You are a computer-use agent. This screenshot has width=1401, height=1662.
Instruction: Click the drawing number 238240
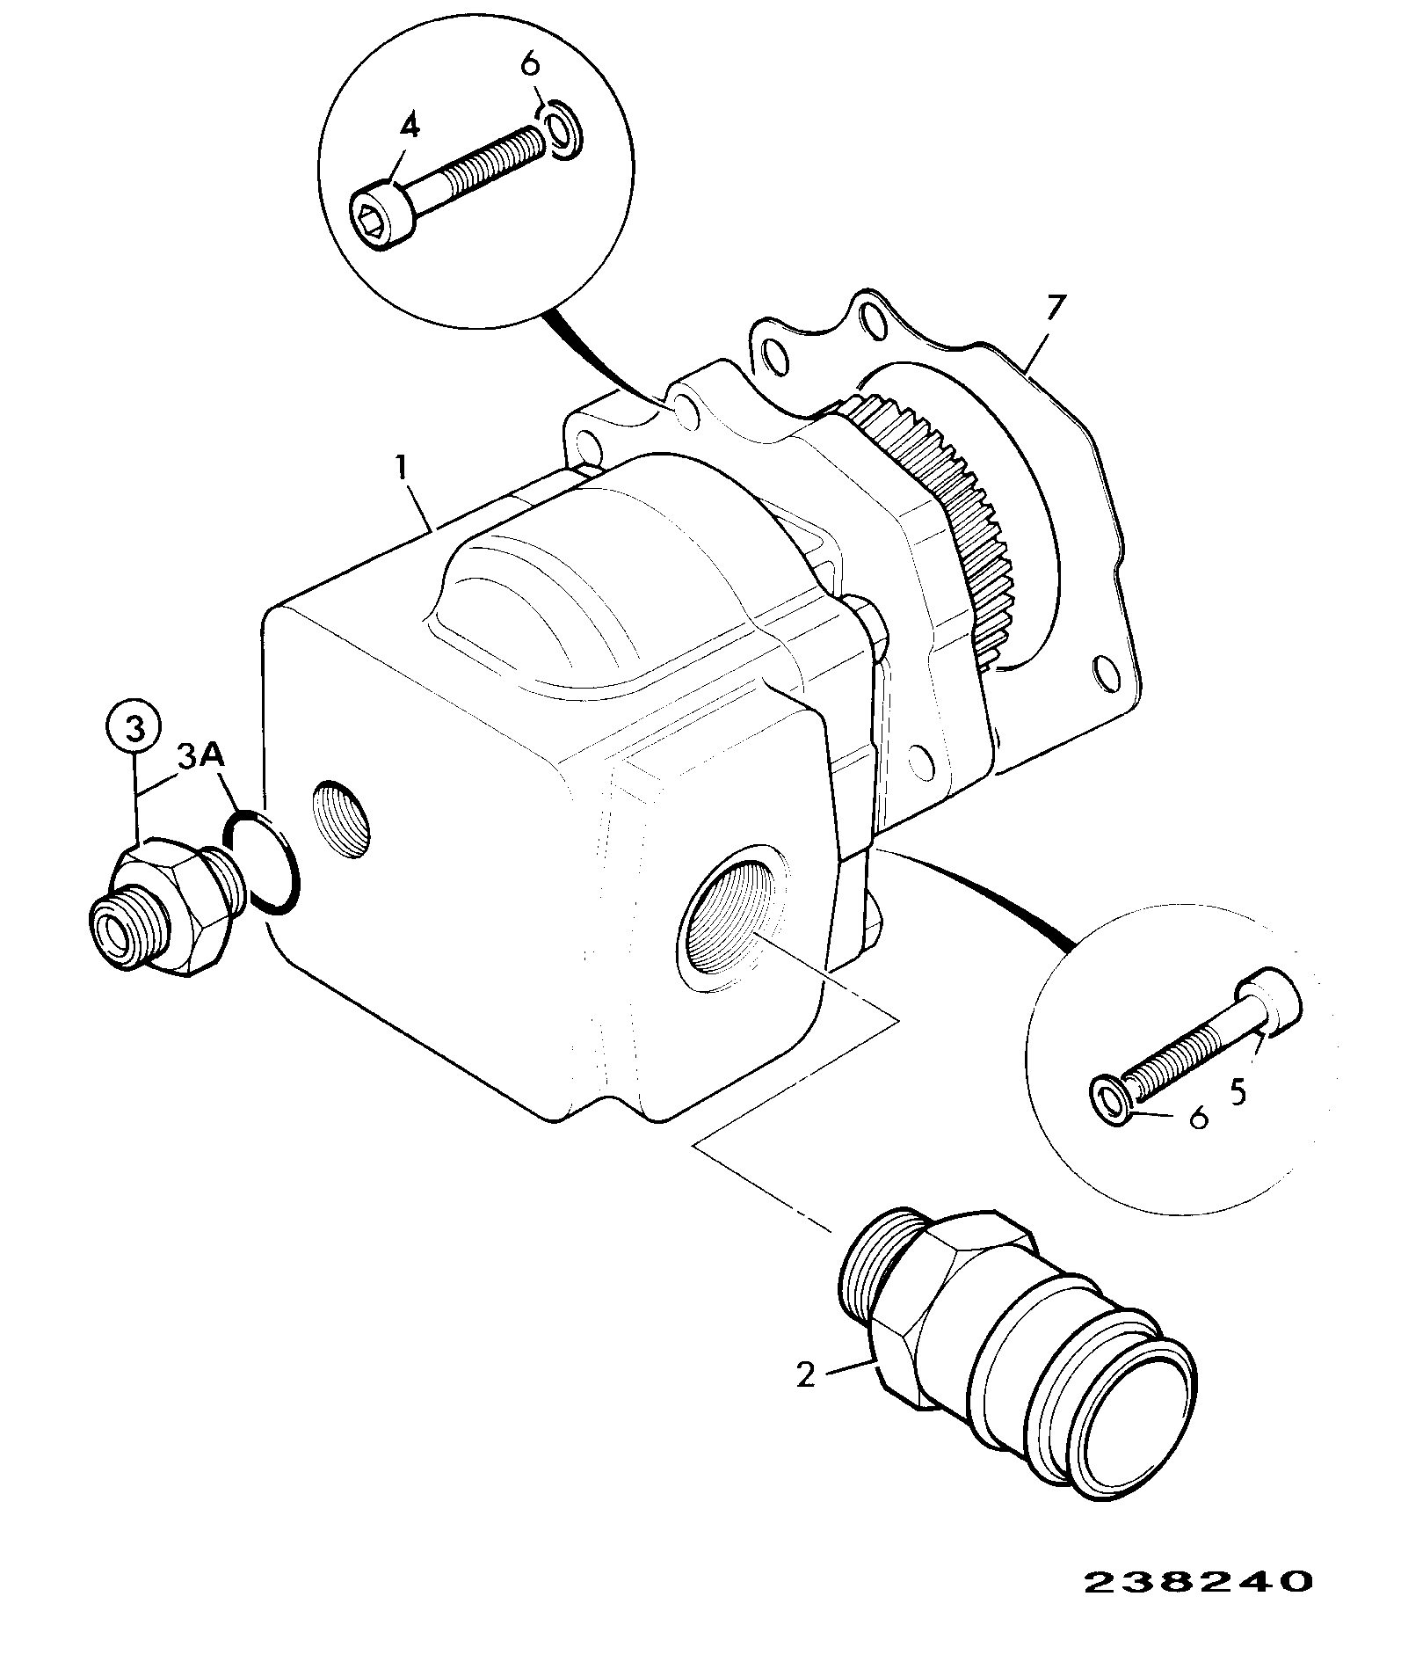1197,1583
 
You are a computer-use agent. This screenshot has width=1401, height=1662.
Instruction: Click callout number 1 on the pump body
403,468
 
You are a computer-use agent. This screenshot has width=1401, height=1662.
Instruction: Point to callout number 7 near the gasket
1055,310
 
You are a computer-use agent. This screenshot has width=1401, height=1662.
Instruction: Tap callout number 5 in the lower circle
1238,1092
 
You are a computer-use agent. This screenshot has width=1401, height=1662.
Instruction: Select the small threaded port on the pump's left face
342,818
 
